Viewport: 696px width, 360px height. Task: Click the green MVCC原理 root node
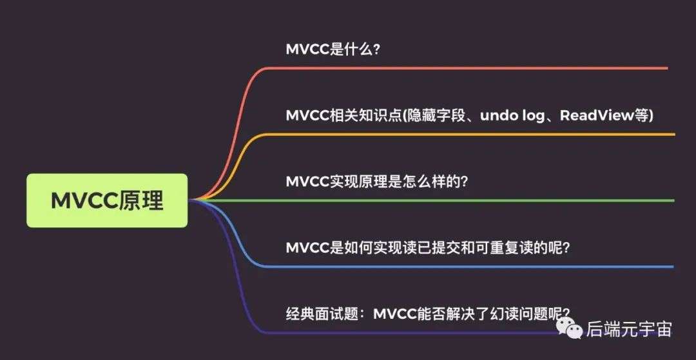[107, 200]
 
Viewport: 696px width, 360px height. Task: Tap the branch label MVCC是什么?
[333, 49]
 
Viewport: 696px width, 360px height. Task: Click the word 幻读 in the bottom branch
[504, 314]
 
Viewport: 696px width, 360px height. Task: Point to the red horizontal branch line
[467, 68]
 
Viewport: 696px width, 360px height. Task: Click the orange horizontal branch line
[470, 134]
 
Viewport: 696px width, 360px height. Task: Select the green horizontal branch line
[431, 200]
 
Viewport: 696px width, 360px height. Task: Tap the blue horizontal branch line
[470, 267]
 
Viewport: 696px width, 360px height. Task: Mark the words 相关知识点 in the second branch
[365, 116]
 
